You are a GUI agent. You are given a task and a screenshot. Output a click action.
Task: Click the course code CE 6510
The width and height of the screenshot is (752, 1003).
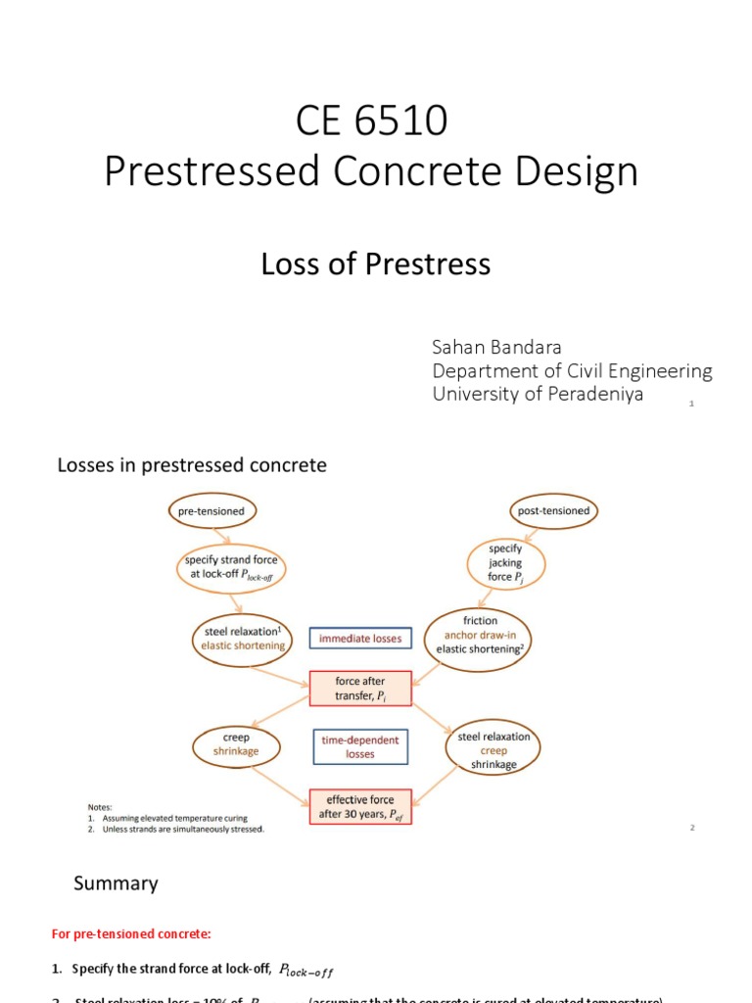pyautogui.click(x=371, y=121)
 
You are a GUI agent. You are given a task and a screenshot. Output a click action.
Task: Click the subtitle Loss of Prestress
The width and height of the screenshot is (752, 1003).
pyautogui.click(x=375, y=263)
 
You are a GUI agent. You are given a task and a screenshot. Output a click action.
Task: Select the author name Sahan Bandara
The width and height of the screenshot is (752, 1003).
pyautogui.click(x=497, y=348)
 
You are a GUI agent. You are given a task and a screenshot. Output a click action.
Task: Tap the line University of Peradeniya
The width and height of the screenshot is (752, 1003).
pyautogui.click(x=538, y=394)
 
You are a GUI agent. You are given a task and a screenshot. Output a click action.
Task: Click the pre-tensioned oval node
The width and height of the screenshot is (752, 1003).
pyautogui.click(x=211, y=511)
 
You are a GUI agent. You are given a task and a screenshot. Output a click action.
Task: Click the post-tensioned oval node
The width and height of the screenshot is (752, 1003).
pyautogui.click(x=553, y=511)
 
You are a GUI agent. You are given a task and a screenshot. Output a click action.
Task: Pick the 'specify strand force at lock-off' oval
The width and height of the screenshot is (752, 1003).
pyautogui.click(x=231, y=566)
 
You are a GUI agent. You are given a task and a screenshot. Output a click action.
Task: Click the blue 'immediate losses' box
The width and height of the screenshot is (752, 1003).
pyautogui.click(x=360, y=639)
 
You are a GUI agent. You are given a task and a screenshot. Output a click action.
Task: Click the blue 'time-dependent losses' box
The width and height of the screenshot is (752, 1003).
pyautogui.click(x=360, y=747)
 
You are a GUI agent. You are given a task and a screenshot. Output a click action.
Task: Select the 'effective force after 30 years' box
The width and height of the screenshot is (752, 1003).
pyautogui.click(x=360, y=806)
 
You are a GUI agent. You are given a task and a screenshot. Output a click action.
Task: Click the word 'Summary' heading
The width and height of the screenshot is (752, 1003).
pyautogui.click(x=116, y=884)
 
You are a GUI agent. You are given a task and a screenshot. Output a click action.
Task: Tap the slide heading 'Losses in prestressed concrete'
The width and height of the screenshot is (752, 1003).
pyautogui.click(x=192, y=466)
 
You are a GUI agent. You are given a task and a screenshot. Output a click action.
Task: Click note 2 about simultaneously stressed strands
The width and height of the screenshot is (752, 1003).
pyautogui.click(x=180, y=829)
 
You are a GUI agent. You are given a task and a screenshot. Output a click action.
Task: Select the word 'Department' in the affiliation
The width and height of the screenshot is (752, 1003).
pyautogui.click(x=480, y=371)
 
